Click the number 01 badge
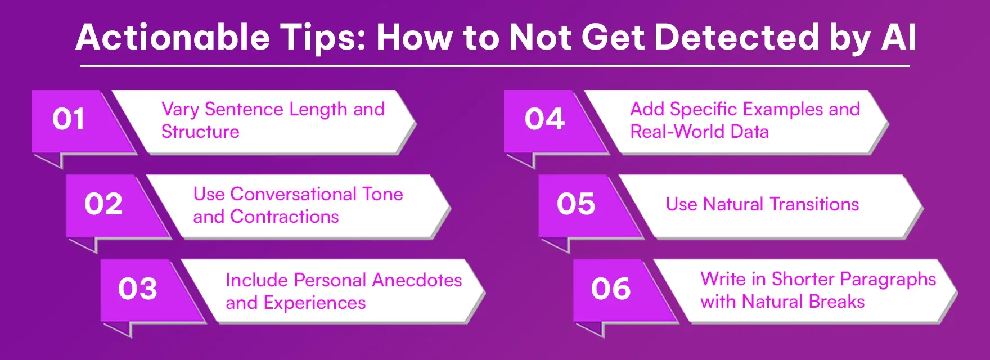click(x=69, y=119)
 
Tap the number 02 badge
click(x=103, y=204)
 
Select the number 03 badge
click(x=138, y=289)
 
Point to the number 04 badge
click(x=544, y=119)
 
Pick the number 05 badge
click(x=576, y=204)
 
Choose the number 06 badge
click(x=611, y=289)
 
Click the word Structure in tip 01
click(x=200, y=132)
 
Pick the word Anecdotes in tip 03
click(x=417, y=280)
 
